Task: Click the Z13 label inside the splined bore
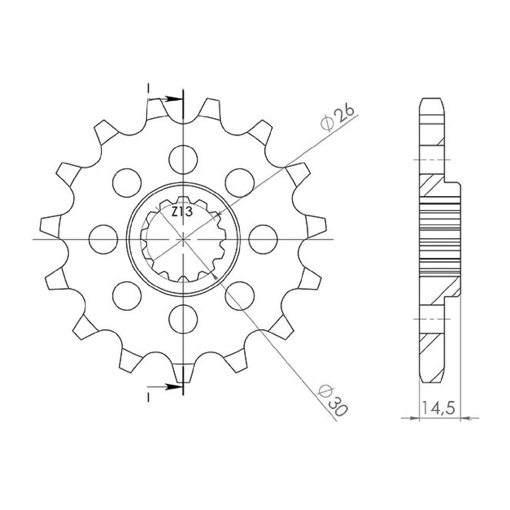182,212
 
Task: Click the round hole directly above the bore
183,159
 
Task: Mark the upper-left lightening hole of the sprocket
127,181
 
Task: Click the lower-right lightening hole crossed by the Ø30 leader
239,295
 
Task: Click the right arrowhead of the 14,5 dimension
465,418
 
